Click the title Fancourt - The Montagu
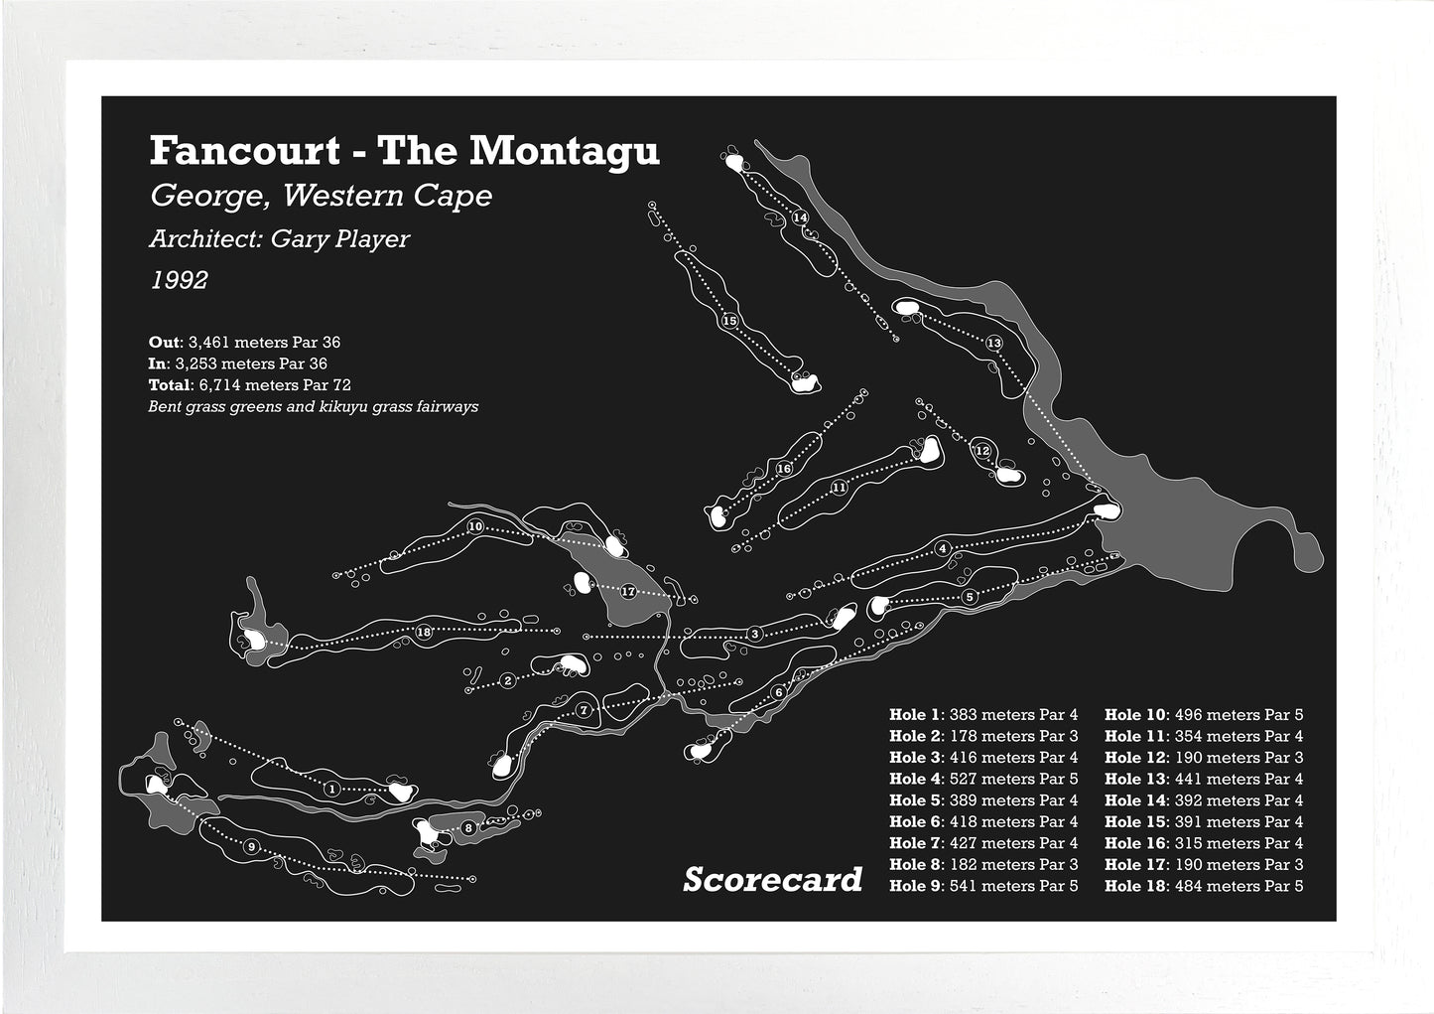pos(404,151)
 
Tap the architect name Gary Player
pos(339,239)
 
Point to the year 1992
pos(180,281)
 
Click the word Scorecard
pos(772,880)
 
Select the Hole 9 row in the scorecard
pos(982,886)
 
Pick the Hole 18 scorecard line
pos(1203,886)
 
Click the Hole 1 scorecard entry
pos(982,715)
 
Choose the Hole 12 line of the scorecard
pos(1203,758)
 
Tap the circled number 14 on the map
pos(800,217)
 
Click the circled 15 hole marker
pos(729,321)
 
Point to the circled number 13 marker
pos(994,343)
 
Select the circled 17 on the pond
pos(627,592)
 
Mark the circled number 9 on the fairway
pos(251,846)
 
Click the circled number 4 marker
pos(943,548)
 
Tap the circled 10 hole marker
pos(475,526)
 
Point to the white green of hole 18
pos(254,641)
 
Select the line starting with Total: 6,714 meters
pos(250,384)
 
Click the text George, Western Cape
pos(321,196)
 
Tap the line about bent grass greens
pos(314,406)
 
